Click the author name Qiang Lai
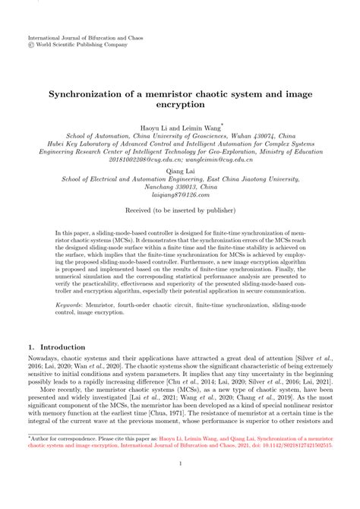point(180,172)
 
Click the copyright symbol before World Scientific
point(31,44)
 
